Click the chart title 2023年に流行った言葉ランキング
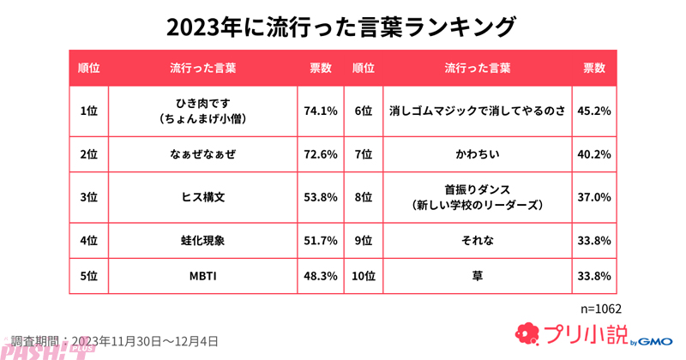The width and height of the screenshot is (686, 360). [342, 27]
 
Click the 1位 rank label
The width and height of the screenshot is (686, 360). [87, 111]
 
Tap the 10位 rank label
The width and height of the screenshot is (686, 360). [364, 276]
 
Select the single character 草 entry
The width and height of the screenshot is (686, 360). [478, 276]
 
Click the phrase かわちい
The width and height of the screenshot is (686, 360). [478, 154]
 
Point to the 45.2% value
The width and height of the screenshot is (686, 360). [594, 111]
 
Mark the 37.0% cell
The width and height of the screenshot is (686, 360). [594, 197]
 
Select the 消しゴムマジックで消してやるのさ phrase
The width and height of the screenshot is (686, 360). [478, 111]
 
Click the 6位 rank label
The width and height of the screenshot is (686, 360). [364, 111]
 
